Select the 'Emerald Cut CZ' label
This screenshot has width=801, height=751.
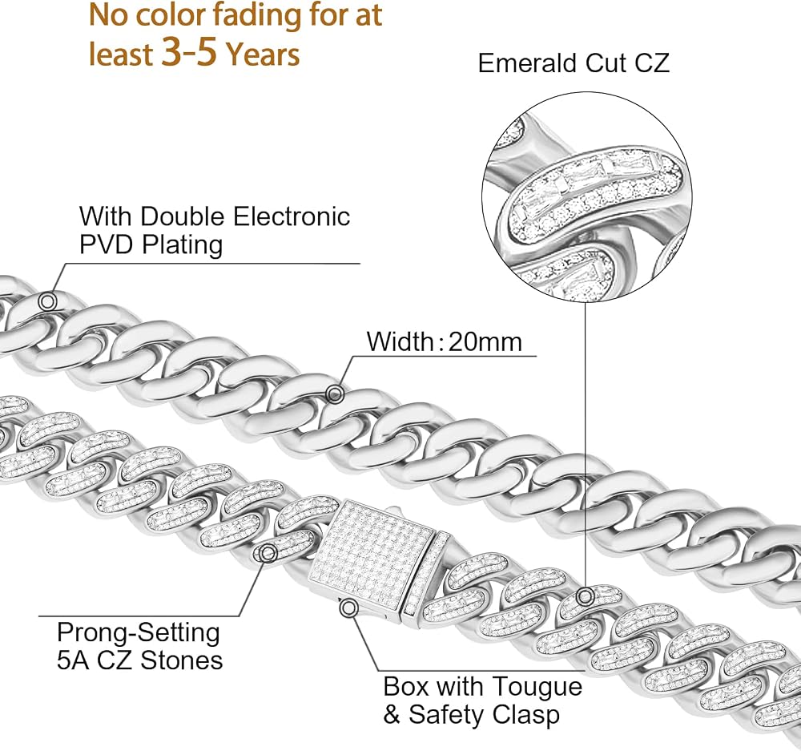point(574,63)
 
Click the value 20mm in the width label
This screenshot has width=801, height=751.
point(485,341)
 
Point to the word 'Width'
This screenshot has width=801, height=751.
point(400,341)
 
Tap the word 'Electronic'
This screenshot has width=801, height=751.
point(292,216)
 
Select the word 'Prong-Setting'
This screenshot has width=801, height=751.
point(139,633)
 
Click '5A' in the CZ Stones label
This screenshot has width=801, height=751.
point(73,660)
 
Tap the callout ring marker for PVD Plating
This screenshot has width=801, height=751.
point(47,301)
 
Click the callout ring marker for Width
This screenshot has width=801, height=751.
point(335,394)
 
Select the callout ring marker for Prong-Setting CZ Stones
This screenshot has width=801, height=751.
point(268,552)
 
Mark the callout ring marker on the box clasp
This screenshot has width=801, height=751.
point(349,608)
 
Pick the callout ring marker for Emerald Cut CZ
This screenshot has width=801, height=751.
point(586,596)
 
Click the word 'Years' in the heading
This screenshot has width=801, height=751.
point(263,55)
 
